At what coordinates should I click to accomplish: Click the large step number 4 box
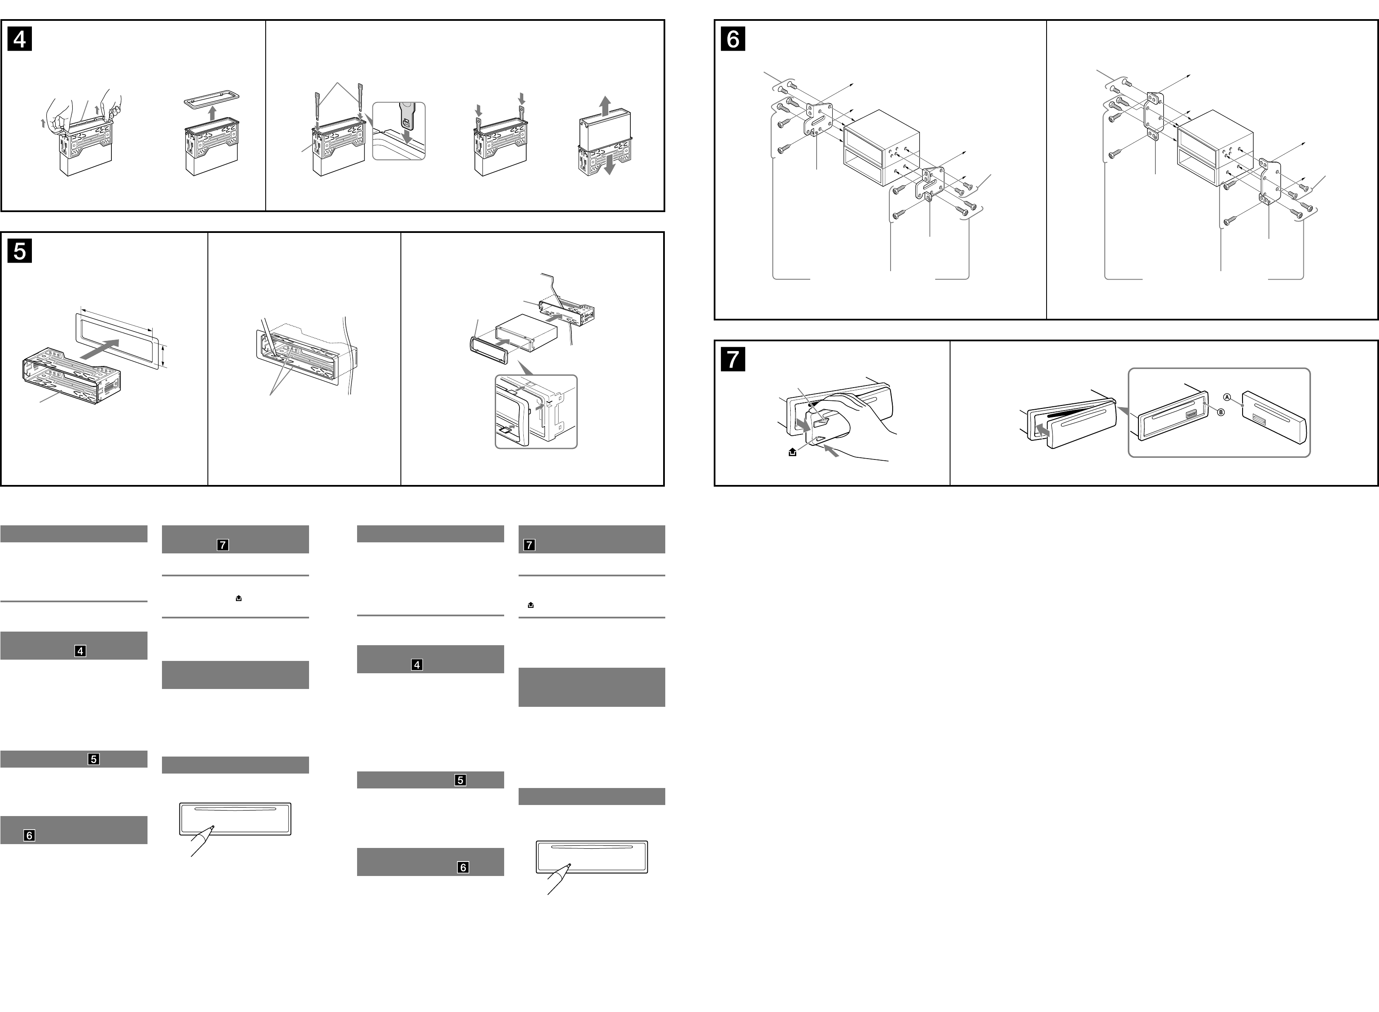pyautogui.click(x=20, y=39)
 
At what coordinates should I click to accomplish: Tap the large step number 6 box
pyautogui.click(x=733, y=39)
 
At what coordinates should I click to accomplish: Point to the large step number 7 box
pyautogui.click(x=733, y=359)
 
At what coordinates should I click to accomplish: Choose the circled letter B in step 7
pyautogui.click(x=1220, y=412)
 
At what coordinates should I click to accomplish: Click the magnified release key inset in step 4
pyautogui.click(x=399, y=131)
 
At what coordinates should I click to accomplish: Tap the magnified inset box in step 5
pyautogui.click(x=536, y=412)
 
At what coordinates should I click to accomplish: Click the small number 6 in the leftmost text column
pyautogui.click(x=29, y=835)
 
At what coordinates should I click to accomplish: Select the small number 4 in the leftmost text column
pyautogui.click(x=80, y=651)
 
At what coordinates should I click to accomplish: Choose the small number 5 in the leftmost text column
pyautogui.click(x=93, y=759)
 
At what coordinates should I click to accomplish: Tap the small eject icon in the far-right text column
pyautogui.click(x=531, y=605)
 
